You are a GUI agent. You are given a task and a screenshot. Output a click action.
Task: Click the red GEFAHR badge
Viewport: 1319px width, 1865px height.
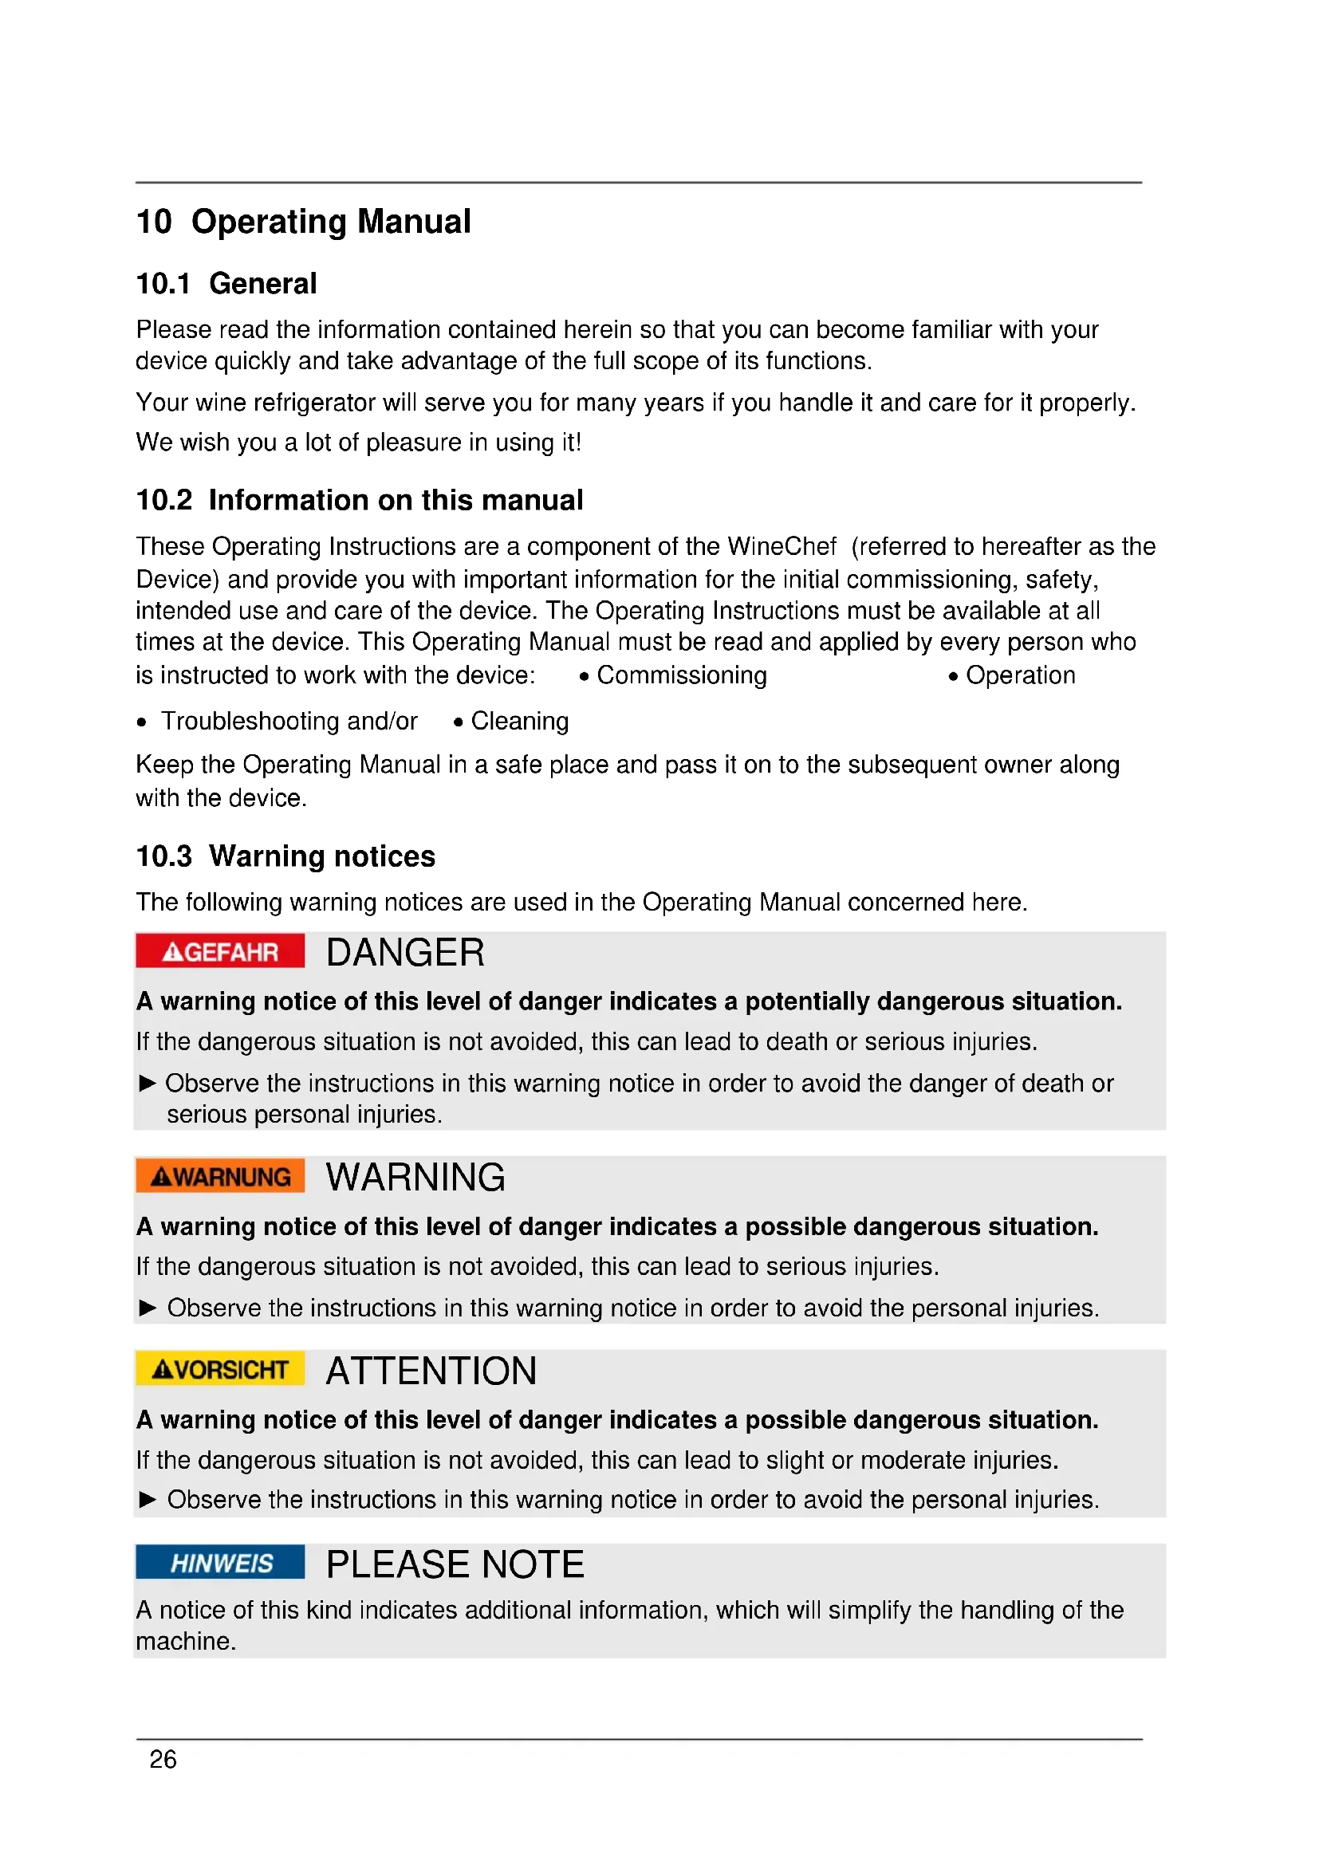coord(220,951)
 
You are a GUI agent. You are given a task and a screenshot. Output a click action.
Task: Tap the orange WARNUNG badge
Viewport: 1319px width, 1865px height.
coord(220,1176)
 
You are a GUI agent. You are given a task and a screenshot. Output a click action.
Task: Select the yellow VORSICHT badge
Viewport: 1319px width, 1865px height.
coord(220,1370)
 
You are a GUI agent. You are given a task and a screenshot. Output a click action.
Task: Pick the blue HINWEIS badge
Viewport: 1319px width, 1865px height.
coord(220,1563)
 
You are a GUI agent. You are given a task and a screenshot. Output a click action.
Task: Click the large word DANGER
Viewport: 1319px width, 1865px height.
coord(404,953)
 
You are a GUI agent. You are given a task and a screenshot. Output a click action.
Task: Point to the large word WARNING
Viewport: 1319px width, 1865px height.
coord(415,1178)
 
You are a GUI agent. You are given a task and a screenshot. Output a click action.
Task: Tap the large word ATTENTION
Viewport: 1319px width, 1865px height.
coord(431,1371)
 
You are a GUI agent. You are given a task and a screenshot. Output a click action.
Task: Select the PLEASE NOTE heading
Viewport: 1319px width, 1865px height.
coord(455,1564)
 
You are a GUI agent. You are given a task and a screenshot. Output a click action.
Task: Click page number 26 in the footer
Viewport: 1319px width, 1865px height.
coord(163,1760)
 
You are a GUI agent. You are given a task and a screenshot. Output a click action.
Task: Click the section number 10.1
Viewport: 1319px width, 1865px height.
coord(163,285)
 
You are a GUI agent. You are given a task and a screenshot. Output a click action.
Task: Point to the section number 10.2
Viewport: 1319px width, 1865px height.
coord(164,501)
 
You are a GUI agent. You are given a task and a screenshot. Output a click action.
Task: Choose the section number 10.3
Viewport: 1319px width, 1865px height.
coord(164,857)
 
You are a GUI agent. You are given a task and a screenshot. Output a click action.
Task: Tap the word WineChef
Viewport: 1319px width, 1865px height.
coord(782,547)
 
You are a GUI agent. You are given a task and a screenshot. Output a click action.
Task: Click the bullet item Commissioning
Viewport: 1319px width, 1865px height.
coord(680,676)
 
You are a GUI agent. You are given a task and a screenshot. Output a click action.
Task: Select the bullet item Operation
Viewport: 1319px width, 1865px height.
coord(1020,676)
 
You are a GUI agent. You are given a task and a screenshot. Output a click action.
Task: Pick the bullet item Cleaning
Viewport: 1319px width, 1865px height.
coord(520,722)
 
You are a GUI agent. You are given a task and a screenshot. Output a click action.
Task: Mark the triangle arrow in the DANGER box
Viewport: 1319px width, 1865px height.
coord(147,1084)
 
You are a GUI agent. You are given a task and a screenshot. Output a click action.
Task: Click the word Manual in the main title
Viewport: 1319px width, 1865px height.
coord(414,222)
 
